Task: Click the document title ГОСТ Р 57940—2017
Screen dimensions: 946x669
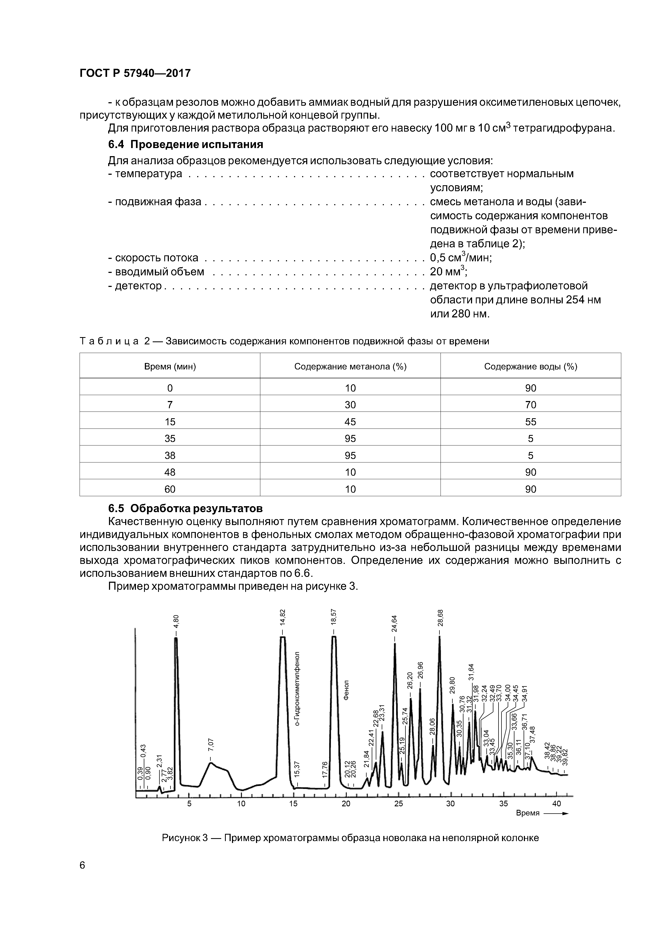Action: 135,74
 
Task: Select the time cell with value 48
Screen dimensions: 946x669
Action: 170,472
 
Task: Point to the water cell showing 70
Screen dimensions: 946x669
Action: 531,405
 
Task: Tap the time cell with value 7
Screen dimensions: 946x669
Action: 170,405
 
